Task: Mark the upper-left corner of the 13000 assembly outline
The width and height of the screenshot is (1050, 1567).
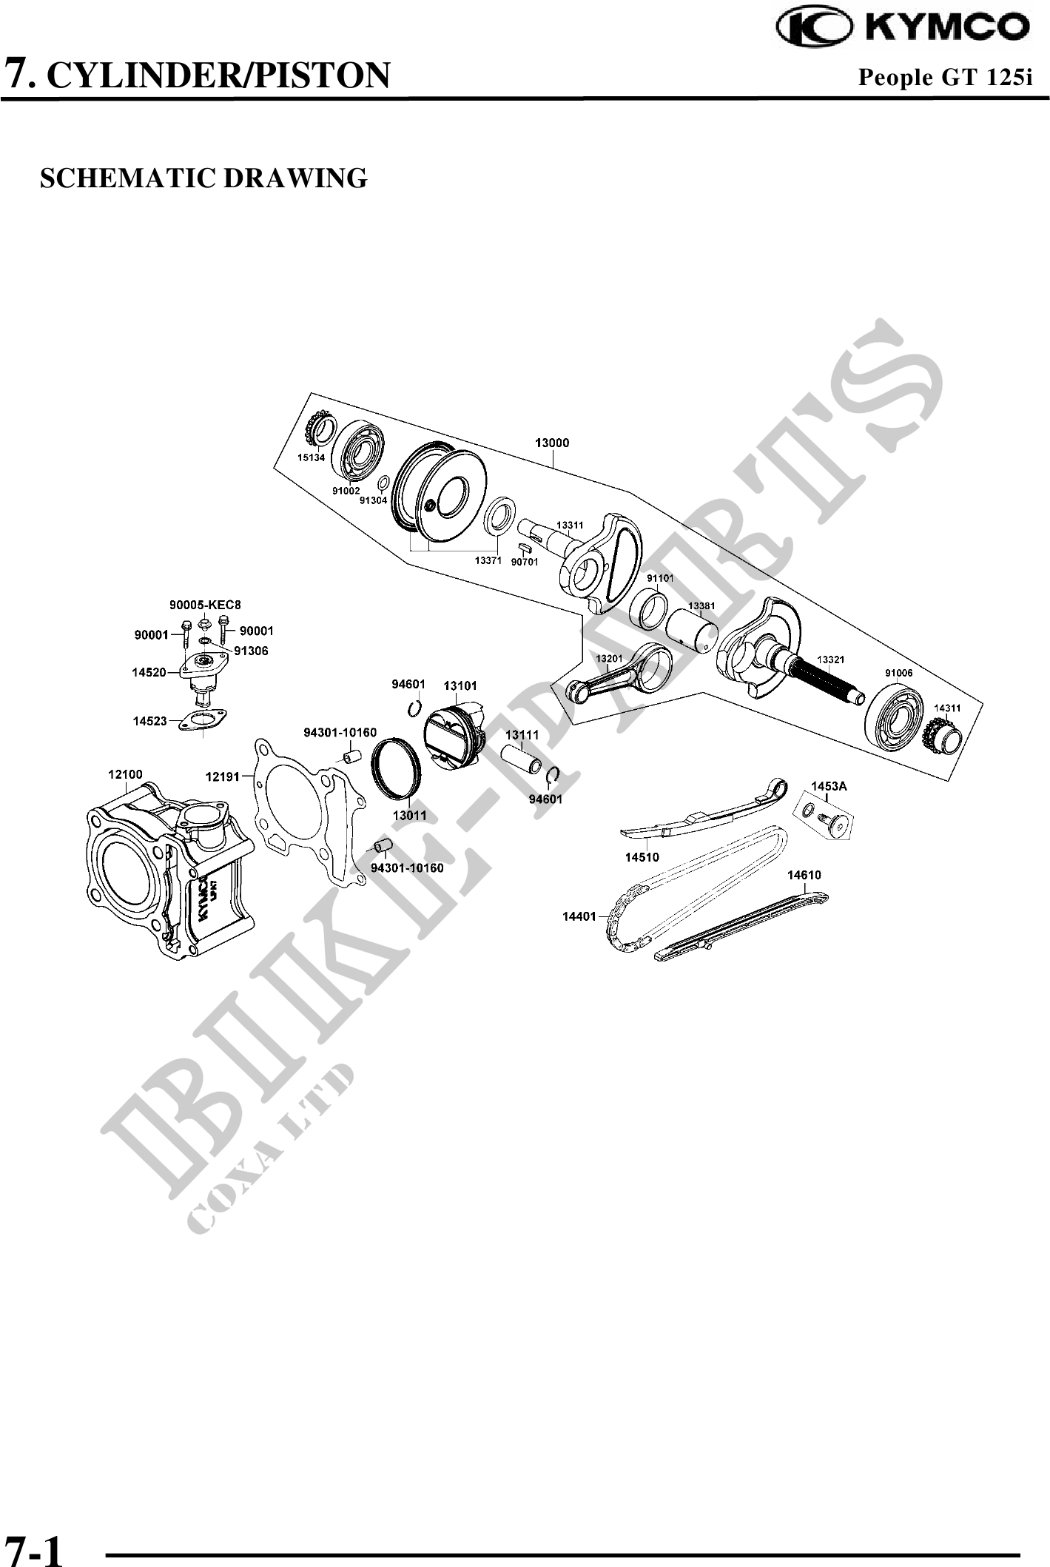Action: tap(312, 393)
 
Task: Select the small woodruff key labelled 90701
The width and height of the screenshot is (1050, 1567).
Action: tap(524, 548)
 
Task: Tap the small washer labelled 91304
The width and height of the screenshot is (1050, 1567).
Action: tap(383, 484)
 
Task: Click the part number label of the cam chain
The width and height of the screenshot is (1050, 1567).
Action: tap(579, 916)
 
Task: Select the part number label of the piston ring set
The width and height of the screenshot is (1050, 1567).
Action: tap(409, 816)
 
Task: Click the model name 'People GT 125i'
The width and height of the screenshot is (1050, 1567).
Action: tap(945, 77)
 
